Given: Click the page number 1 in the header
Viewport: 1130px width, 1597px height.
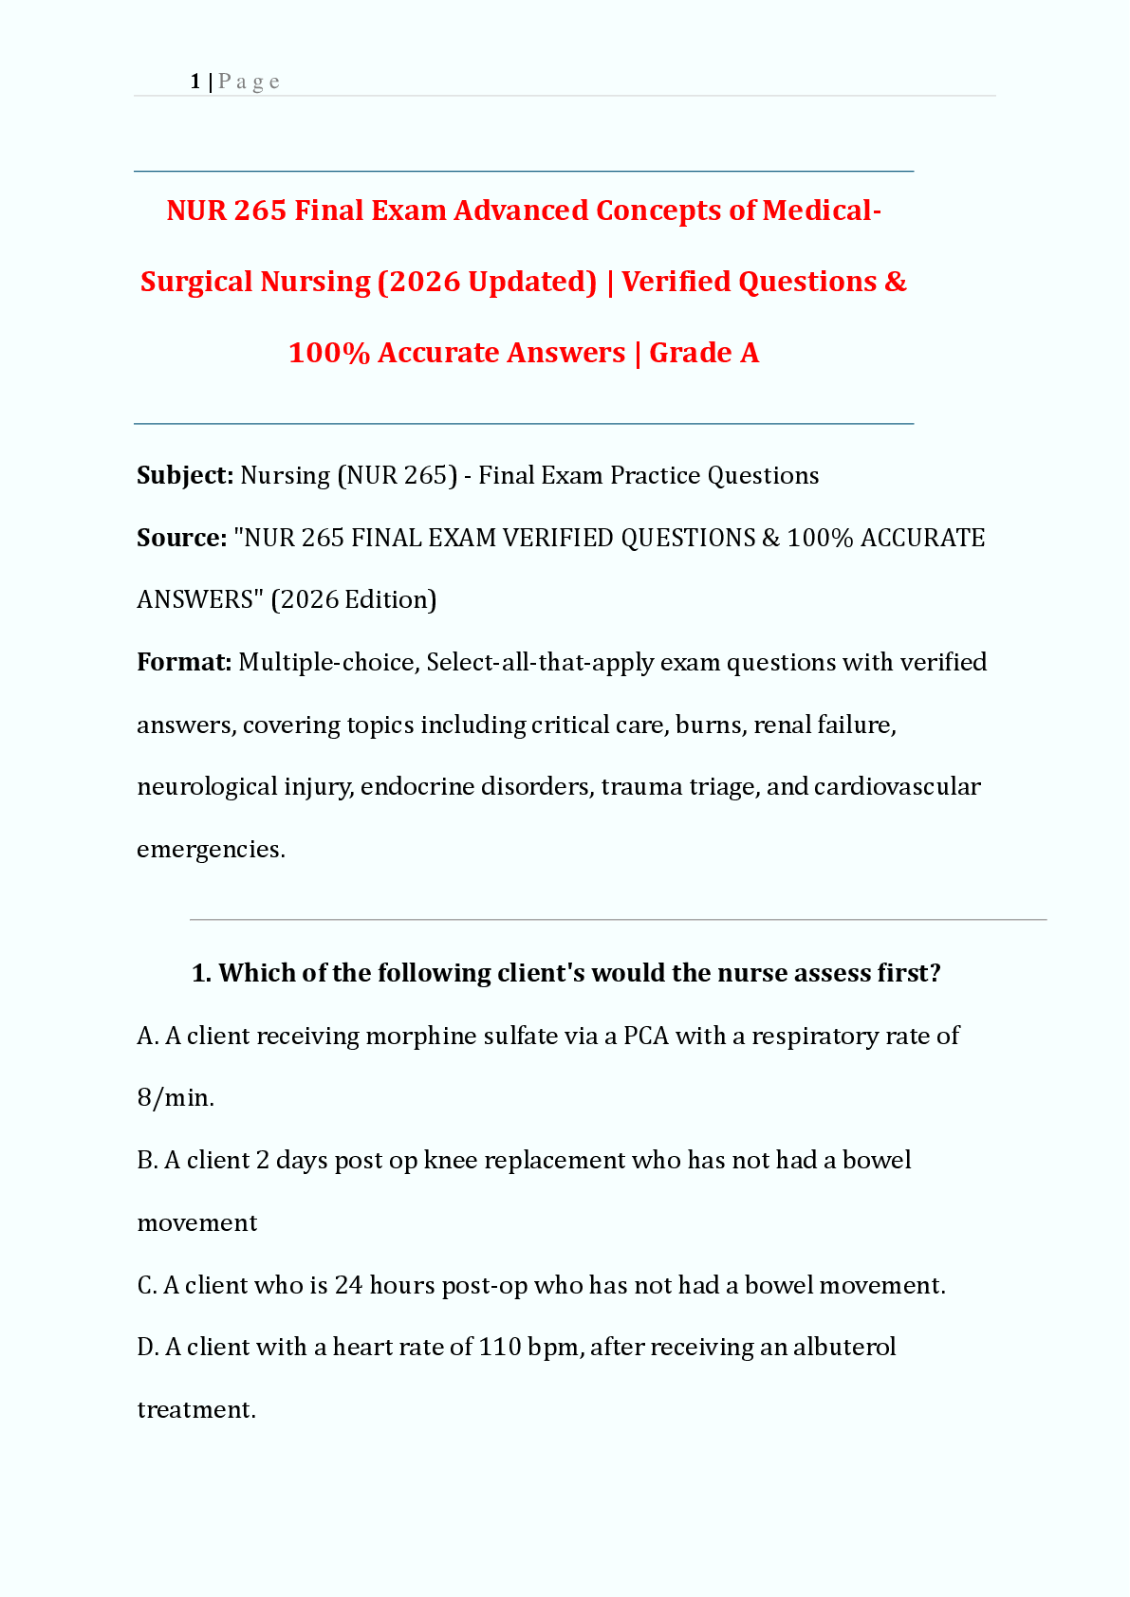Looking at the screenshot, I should [195, 82].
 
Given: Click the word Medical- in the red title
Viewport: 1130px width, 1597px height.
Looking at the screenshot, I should [822, 211].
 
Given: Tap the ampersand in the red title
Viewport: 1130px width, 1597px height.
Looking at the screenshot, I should [896, 282].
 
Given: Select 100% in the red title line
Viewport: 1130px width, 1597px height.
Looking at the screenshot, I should [328, 353].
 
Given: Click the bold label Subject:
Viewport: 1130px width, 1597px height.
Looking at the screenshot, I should [185, 475].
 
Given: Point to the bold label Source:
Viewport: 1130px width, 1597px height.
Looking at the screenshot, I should [181, 538].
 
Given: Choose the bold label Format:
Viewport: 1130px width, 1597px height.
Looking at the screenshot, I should [184, 662].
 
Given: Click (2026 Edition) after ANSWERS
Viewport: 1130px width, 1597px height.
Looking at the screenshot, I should [354, 599].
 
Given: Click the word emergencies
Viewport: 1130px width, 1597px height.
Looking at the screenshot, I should [211, 849].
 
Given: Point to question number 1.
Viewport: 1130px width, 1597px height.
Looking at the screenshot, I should [201, 973].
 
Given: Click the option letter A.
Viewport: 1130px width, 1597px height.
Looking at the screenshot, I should [146, 1036].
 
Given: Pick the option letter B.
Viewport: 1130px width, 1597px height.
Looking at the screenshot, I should [146, 1160].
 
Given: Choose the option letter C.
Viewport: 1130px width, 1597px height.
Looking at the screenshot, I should [146, 1285].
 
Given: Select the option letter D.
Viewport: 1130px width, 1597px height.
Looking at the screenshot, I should [146, 1347].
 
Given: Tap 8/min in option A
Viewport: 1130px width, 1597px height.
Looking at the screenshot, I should [176, 1098].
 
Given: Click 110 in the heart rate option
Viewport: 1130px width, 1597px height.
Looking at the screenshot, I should [499, 1347].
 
